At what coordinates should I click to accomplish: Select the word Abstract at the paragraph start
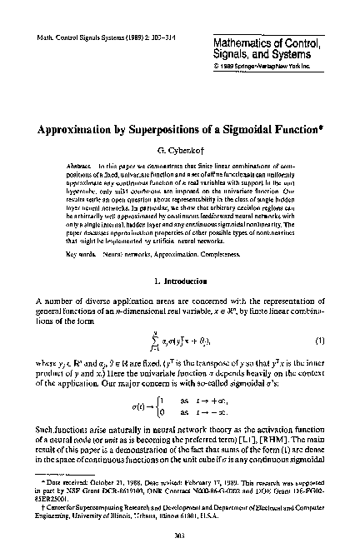point(79,167)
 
